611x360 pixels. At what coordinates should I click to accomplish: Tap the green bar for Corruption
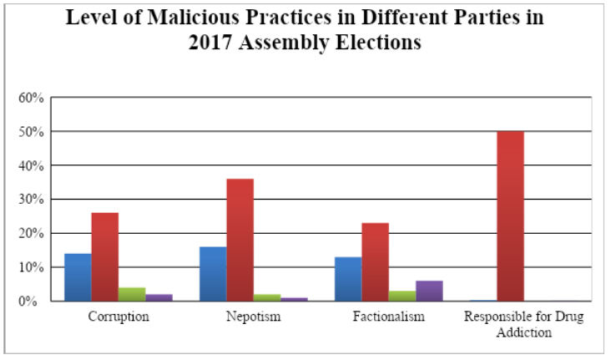[132, 294]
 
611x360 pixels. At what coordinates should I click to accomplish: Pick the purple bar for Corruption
[159, 297]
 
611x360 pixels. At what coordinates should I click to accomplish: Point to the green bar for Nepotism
[267, 297]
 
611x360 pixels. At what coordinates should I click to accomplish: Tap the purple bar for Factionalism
[429, 291]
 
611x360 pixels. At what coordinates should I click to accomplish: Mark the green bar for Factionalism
[402, 296]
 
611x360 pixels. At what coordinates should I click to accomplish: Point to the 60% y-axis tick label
[31, 98]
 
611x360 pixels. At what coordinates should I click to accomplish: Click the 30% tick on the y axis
[31, 200]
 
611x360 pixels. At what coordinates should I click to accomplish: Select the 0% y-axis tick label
[33, 302]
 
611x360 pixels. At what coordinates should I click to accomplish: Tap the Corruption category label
[118, 317]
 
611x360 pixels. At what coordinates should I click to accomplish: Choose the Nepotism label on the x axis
[253, 317]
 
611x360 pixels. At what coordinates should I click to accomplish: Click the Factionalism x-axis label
[388, 317]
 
